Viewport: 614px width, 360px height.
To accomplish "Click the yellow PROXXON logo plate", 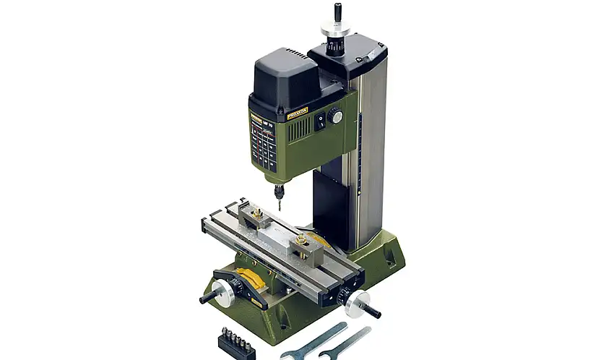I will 297,113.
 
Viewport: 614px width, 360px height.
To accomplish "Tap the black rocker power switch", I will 319,121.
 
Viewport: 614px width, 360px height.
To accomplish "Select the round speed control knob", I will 334,115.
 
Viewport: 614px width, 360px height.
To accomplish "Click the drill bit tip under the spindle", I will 278,208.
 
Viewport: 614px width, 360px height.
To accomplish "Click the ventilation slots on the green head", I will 300,129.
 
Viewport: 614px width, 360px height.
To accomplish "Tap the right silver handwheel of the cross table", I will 357,303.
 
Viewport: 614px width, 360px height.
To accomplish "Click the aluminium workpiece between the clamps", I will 274,234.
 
